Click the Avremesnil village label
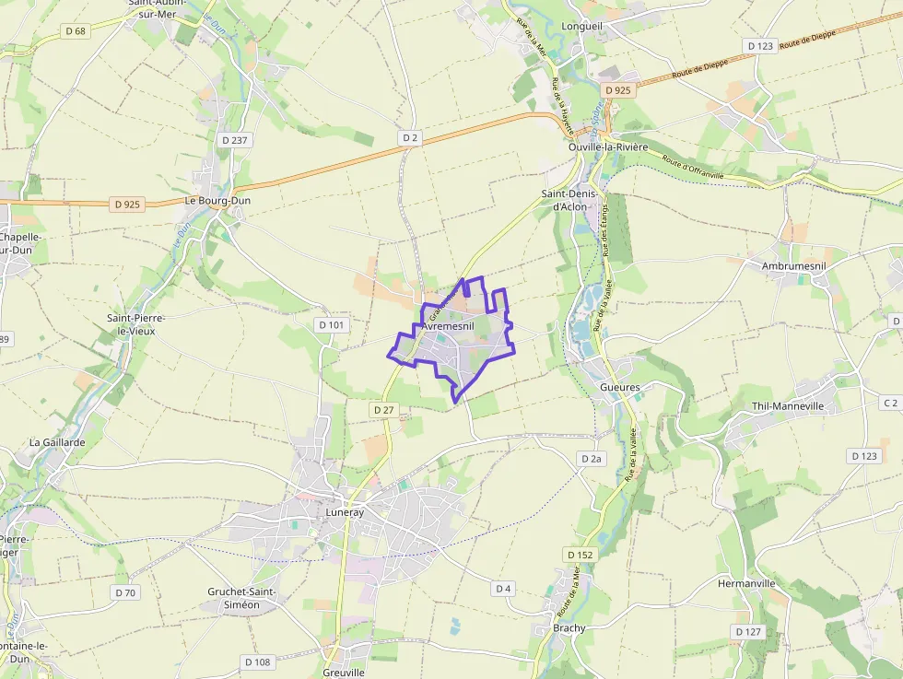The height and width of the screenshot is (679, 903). [x=449, y=326]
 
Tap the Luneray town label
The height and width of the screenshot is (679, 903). [x=346, y=510]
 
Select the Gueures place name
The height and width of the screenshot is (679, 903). [x=619, y=387]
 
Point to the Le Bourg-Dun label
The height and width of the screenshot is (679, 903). [x=217, y=200]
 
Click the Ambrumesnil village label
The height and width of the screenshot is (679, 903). [x=793, y=265]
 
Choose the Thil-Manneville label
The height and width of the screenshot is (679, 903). [x=788, y=405]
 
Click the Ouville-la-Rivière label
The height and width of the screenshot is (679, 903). [x=608, y=147]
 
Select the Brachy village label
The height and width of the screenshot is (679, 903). [x=569, y=628]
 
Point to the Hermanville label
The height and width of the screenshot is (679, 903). [x=746, y=584]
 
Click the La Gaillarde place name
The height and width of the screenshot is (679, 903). [x=57, y=442]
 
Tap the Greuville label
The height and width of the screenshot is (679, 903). [x=345, y=673]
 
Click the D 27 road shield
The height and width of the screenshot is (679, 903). [x=384, y=408]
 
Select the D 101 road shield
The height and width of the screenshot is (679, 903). [x=332, y=324]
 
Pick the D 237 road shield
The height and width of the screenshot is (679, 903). [x=236, y=140]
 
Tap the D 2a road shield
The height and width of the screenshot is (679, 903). [x=592, y=458]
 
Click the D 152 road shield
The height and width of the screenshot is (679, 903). [x=580, y=555]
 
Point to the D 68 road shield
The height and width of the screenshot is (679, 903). [x=76, y=31]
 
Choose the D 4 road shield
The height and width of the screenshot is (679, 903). [x=503, y=588]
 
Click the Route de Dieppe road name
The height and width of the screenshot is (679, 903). [x=702, y=64]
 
